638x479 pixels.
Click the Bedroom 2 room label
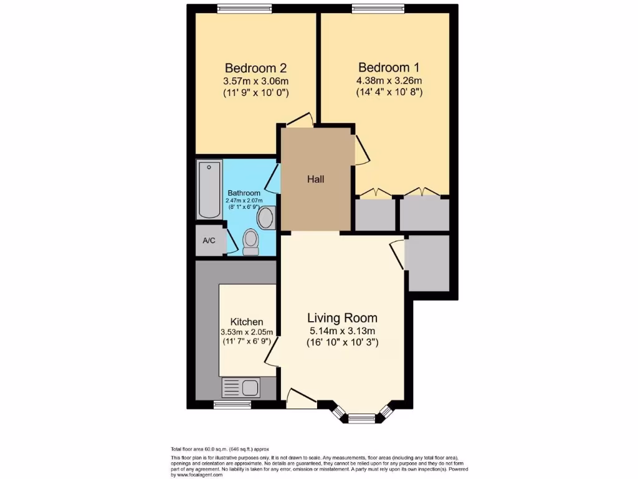(x=255, y=67)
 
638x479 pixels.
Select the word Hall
(x=315, y=180)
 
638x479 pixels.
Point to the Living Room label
(x=342, y=318)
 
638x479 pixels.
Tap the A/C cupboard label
(x=209, y=240)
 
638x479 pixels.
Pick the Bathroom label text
(x=244, y=193)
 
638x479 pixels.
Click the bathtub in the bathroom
(x=209, y=190)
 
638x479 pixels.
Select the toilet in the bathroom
(x=251, y=241)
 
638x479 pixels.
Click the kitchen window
(x=232, y=405)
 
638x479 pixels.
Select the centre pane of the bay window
(x=361, y=419)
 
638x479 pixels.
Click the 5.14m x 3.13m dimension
(x=342, y=331)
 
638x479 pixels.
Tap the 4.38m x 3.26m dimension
(x=389, y=80)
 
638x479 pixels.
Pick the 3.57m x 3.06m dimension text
(x=255, y=81)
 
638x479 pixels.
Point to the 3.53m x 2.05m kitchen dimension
(x=246, y=332)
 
